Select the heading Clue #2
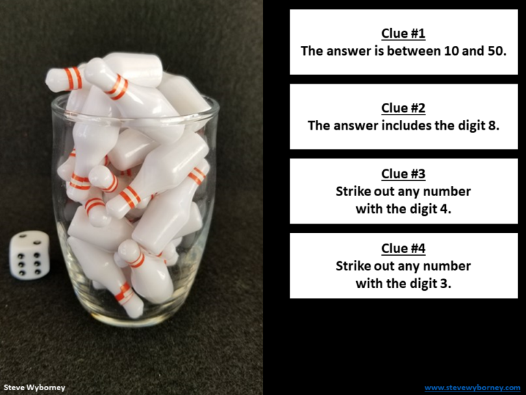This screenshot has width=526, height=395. tap(403, 108)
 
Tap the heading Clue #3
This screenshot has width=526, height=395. tap(403, 174)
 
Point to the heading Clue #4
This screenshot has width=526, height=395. tap(403, 249)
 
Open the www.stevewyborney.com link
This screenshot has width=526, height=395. tap(472, 387)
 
